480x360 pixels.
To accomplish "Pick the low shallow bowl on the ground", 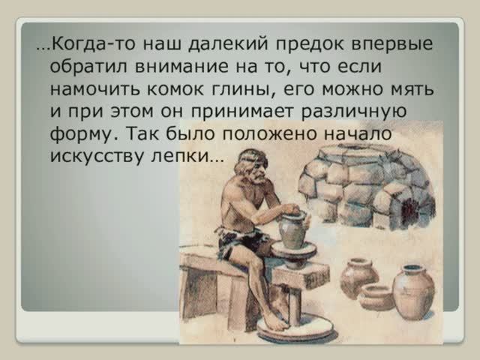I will (375, 296).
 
